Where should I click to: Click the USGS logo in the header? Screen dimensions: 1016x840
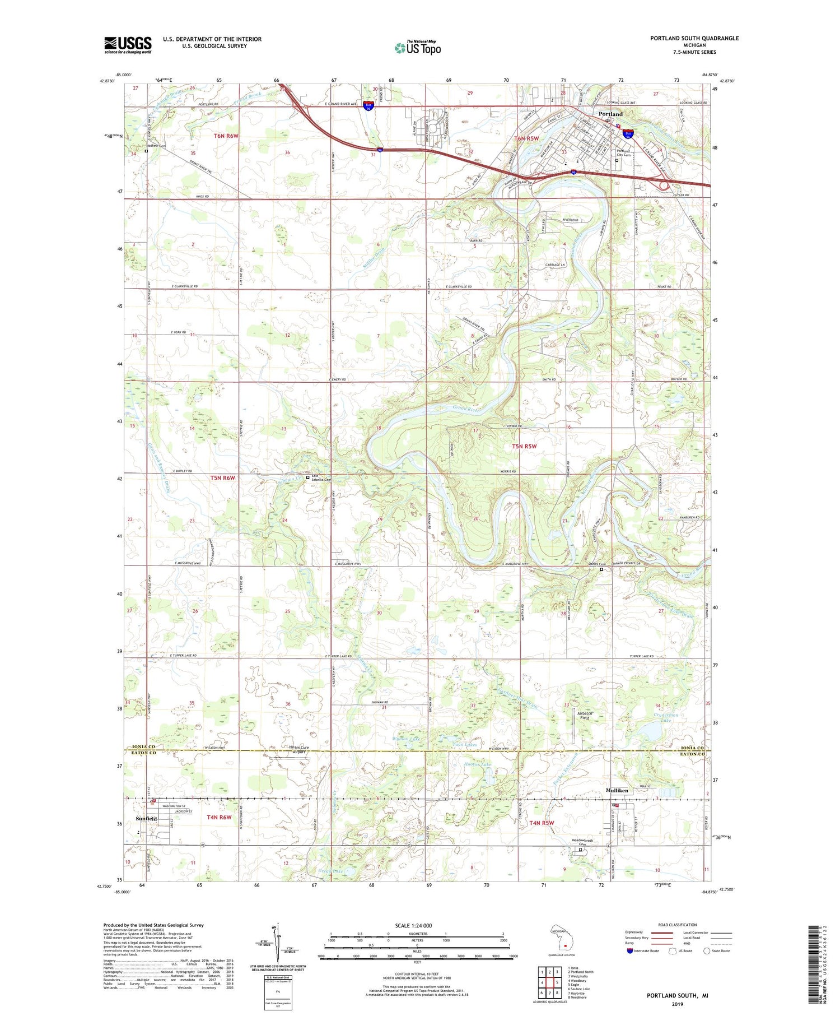[128, 45]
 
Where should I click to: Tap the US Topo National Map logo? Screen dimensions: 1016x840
[418, 48]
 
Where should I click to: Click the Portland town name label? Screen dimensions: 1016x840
[610, 114]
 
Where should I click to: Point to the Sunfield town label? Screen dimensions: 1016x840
[147, 819]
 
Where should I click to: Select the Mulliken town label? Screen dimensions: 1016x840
[617, 790]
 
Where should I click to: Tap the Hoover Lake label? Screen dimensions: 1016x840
[478, 764]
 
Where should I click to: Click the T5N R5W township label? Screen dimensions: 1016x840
[524, 446]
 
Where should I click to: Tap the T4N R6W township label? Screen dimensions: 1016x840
[219, 817]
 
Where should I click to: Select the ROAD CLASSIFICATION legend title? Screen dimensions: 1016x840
[678, 925]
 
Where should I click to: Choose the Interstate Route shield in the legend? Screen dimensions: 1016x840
[630, 951]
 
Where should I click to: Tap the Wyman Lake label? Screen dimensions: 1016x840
[406, 740]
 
